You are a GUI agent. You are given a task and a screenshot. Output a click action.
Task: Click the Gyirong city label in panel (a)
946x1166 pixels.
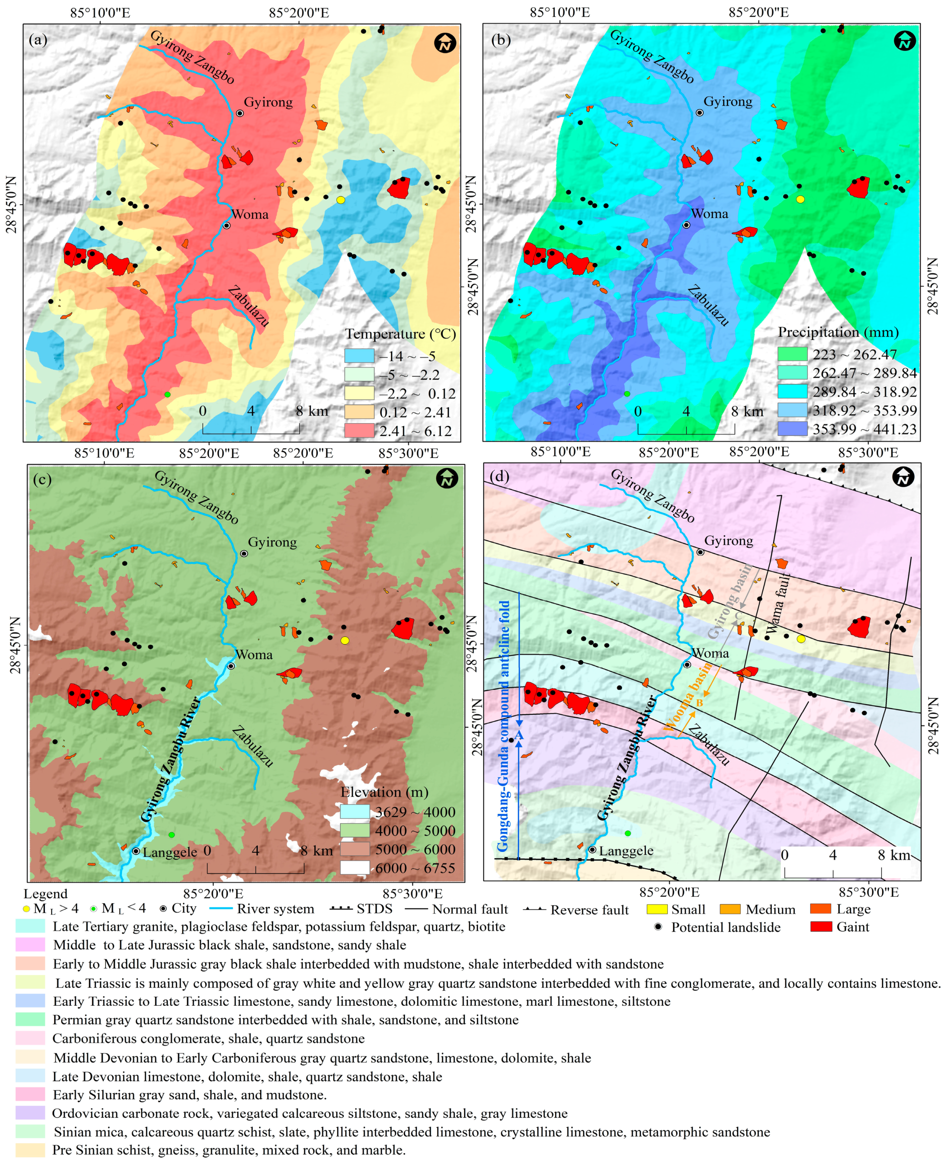[x=268, y=102]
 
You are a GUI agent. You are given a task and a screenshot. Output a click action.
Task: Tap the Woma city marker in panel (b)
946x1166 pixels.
[x=687, y=225]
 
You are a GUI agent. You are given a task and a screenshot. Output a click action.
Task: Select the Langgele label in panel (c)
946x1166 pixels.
[x=170, y=852]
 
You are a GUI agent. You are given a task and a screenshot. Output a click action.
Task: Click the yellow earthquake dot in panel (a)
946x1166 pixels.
[x=341, y=200]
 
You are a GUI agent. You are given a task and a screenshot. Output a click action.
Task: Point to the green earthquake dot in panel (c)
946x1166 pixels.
[x=172, y=835]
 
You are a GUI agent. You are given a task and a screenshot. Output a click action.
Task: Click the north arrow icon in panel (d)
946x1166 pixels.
[x=903, y=478]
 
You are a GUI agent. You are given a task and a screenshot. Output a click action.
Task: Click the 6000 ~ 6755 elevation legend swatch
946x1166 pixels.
[x=355, y=868]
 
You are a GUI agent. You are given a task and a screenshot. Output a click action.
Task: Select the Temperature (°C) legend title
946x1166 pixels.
[x=400, y=334]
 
